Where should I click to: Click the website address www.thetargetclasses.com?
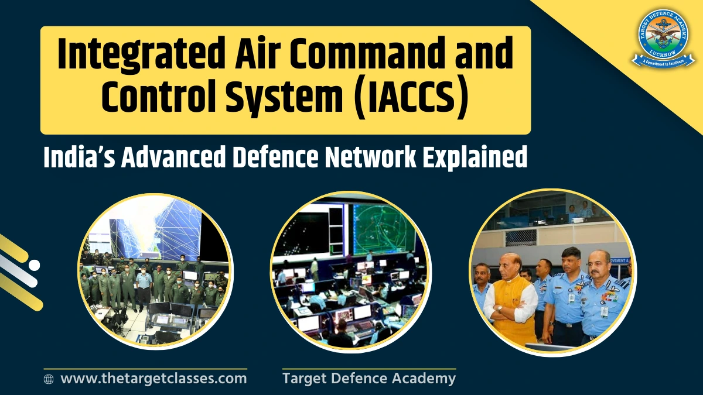[153, 378]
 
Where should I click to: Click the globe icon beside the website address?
[49, 379]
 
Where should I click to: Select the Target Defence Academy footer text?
[368, 378]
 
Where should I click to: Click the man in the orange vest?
[511, 298]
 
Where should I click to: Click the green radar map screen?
[384, 228]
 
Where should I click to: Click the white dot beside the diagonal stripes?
[34, 265]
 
